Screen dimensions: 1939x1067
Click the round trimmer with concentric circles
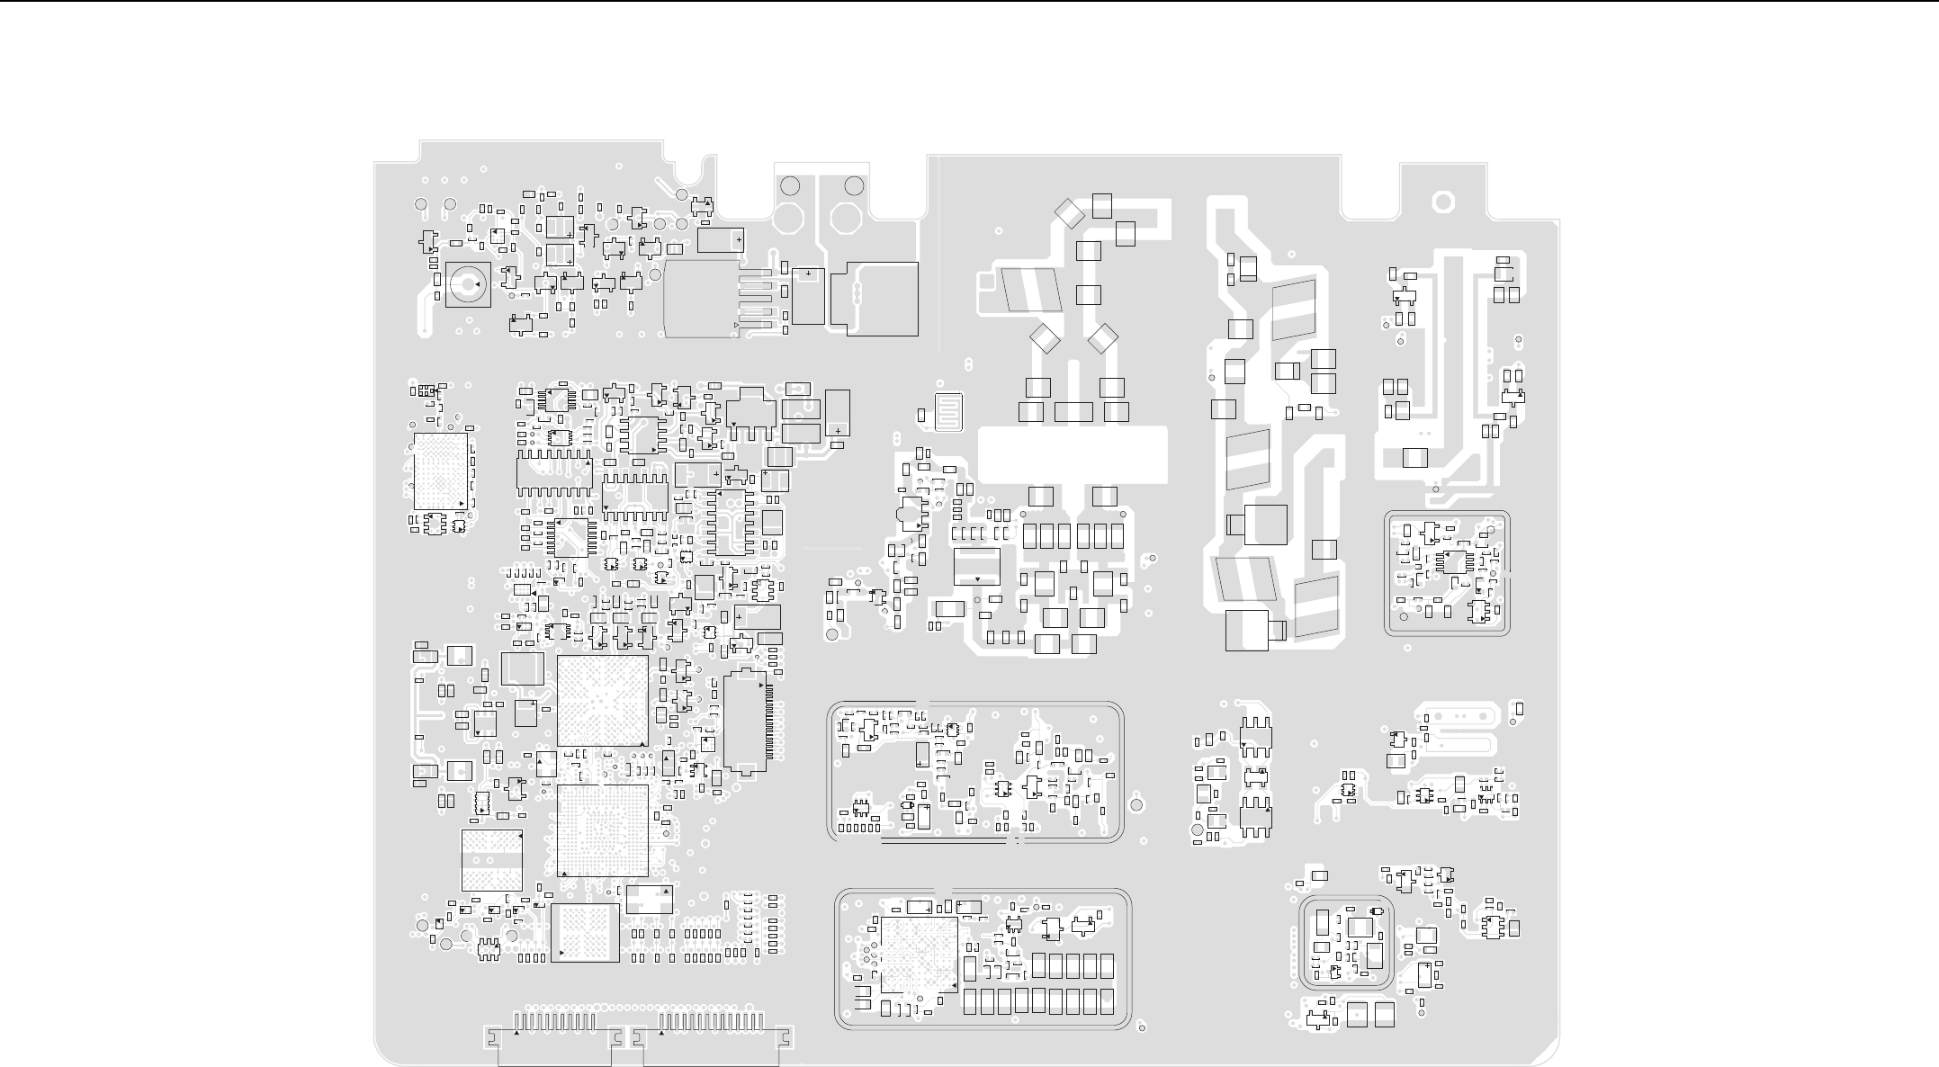point(468,284)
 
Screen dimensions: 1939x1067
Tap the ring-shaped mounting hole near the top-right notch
point(1443,202)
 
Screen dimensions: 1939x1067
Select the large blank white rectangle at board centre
point(1072,453)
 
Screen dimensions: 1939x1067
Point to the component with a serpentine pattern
point(948,412)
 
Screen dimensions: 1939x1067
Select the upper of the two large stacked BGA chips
point(602,700)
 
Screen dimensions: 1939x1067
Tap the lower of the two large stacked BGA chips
point(602,830)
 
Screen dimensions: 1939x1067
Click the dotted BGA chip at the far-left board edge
point(441,471)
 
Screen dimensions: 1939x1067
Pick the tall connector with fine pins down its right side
point(746,722)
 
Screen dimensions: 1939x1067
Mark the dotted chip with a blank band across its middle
point(492,860)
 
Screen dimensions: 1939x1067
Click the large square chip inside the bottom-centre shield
point(919,955)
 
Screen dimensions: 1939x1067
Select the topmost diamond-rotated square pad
point(1069,213)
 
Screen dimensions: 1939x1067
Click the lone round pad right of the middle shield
point(1136,804)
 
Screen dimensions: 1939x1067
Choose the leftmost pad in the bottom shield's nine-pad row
point(970,1001)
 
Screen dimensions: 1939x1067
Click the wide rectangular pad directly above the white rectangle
point(1073,412)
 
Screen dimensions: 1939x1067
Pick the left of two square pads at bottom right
point(1358,1015)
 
